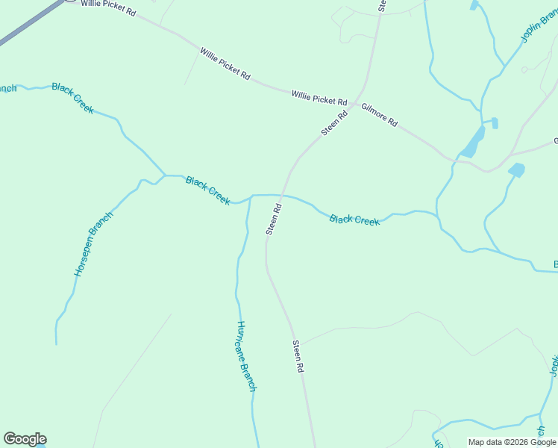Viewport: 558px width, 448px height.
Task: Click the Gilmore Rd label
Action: (x=380, y=115)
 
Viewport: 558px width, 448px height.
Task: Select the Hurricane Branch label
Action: (x=246, y=356)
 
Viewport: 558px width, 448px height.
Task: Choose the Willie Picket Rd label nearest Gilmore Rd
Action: (x=319, y=98)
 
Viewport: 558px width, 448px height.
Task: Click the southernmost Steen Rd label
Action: (x=298, y=357)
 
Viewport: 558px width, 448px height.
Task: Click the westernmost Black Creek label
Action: (x=73, y=98)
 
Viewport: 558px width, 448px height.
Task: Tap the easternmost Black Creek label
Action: (x=354, y=220)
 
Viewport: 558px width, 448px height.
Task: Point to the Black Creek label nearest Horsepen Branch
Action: (x=207, y=190)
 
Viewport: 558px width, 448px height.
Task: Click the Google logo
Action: (x=25, y=439)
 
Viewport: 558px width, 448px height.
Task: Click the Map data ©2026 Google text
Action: (x=512, y=442)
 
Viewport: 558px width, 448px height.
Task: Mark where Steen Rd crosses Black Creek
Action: (x=281, y=196)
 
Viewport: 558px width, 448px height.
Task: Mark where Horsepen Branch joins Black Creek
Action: (x=164, y=176)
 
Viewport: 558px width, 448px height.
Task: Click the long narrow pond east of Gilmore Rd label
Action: (x=472, y=141)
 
